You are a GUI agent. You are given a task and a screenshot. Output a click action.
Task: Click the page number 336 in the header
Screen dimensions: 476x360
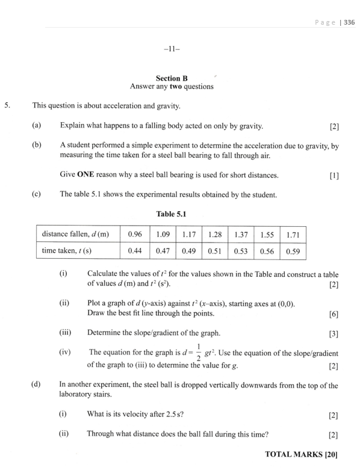pyautogui.click(x=349, y=23)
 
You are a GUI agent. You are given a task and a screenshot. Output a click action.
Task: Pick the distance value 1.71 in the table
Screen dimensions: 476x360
pyautogui.click(x=293, y=233)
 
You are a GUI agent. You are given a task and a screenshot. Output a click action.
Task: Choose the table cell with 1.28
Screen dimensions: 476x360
pyautogui.click(x=211, y=233)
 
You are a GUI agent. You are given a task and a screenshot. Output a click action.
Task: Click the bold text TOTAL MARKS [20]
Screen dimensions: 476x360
pyautogui.click(x=301, y=456)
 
